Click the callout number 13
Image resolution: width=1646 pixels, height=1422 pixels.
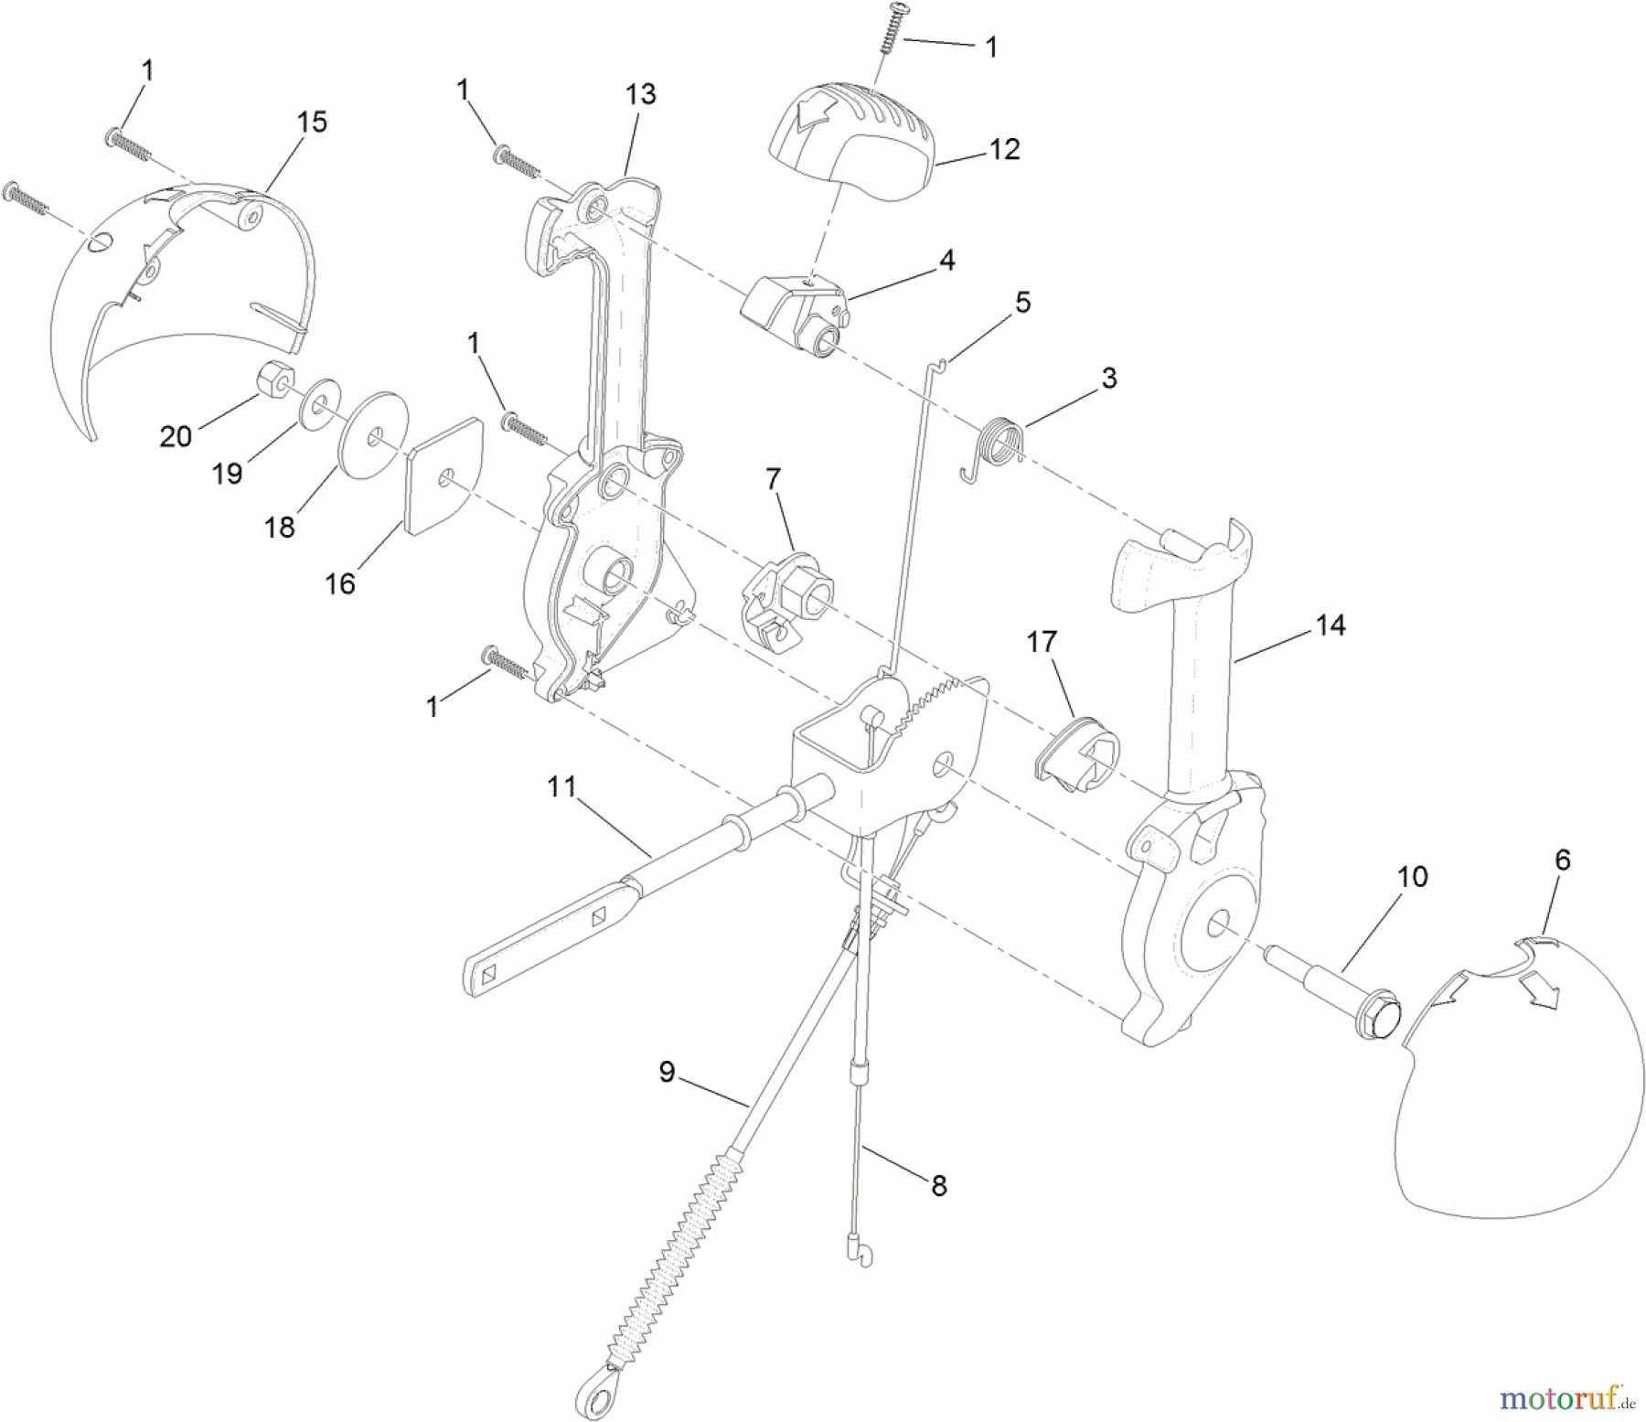[641, 94]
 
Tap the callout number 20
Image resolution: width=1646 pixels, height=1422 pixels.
[176, 436]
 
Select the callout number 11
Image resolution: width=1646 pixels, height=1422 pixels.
[561, 786]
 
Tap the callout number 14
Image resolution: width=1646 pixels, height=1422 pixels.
[1330, 625]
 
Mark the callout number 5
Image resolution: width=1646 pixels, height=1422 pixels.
[1022, 302]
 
